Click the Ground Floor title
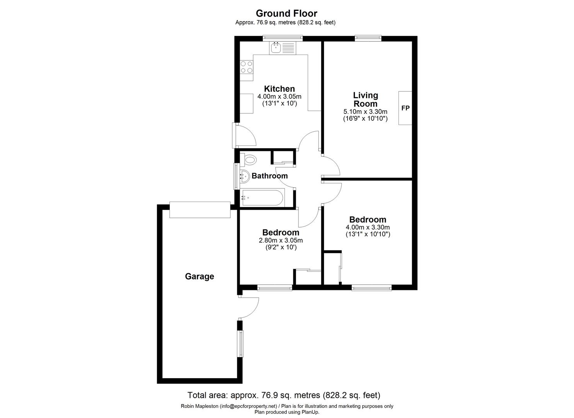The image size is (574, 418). (286, 14)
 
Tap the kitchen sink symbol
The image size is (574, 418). (282, 48)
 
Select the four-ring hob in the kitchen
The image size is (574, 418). (247, 67)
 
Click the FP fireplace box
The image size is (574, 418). (405, 108)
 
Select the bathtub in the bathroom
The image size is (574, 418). (262, 198)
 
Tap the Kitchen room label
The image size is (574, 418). (279, 89)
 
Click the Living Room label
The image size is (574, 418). (365, 99)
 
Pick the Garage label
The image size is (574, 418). (199, 276)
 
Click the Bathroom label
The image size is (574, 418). (269, 176)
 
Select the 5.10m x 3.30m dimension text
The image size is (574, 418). (365, 112)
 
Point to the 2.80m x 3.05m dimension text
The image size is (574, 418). (281, 240)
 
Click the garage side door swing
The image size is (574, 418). (249, 308)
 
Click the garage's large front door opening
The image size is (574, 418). (200, 210)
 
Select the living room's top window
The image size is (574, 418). (368, 38)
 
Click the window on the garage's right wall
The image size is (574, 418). (240, 343)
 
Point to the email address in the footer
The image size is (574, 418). (249, 406)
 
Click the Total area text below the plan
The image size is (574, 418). (284, 395)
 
